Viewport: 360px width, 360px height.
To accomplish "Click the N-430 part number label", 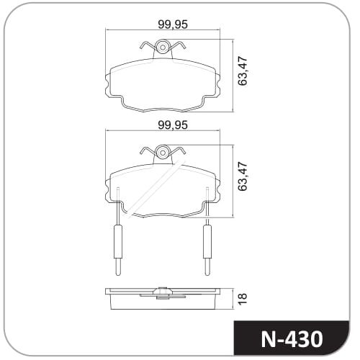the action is pos(292,339).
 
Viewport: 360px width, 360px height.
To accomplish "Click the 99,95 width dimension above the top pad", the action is pos(173,24).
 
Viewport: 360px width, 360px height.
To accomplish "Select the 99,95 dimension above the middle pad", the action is pos(173,125).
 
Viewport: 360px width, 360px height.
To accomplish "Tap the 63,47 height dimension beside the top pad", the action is pos(242,71).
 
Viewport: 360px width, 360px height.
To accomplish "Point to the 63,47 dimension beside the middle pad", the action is pos(242,176).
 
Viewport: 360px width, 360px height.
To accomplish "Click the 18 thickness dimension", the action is pos(243,299).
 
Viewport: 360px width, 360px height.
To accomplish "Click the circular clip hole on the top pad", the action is pos(163,47).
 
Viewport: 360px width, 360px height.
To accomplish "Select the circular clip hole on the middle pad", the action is pos(163,153).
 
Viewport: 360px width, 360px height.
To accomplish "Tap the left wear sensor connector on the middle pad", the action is pos(117,241).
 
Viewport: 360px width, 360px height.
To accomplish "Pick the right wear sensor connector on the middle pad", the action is pos(207,241).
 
